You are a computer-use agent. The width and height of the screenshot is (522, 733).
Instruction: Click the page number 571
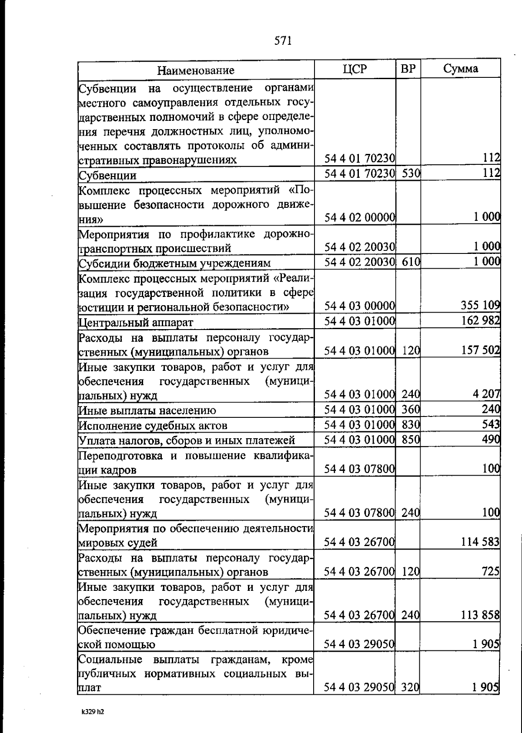[x=283, y=41]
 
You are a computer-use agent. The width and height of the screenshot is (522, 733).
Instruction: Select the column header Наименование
[x=196, y=70]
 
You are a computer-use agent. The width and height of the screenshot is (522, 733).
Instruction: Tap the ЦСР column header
[x=355, y=69]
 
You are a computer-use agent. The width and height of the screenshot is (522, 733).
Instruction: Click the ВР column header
[x=408, y=69]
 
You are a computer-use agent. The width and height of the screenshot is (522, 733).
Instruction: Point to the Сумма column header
[x=461, y=69]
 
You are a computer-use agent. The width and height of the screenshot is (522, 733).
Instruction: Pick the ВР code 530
[x=410, y=174]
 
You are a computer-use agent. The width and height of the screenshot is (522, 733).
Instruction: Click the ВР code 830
[x=410, y=424]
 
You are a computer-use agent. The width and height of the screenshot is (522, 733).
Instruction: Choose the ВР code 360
[x=410, y=409]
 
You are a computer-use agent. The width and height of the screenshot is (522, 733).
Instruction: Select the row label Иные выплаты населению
[x=147, y=410]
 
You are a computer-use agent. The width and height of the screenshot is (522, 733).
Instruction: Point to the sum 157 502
[x=480, y=350]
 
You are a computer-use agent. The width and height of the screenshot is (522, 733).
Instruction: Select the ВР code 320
[x=410, y=687]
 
